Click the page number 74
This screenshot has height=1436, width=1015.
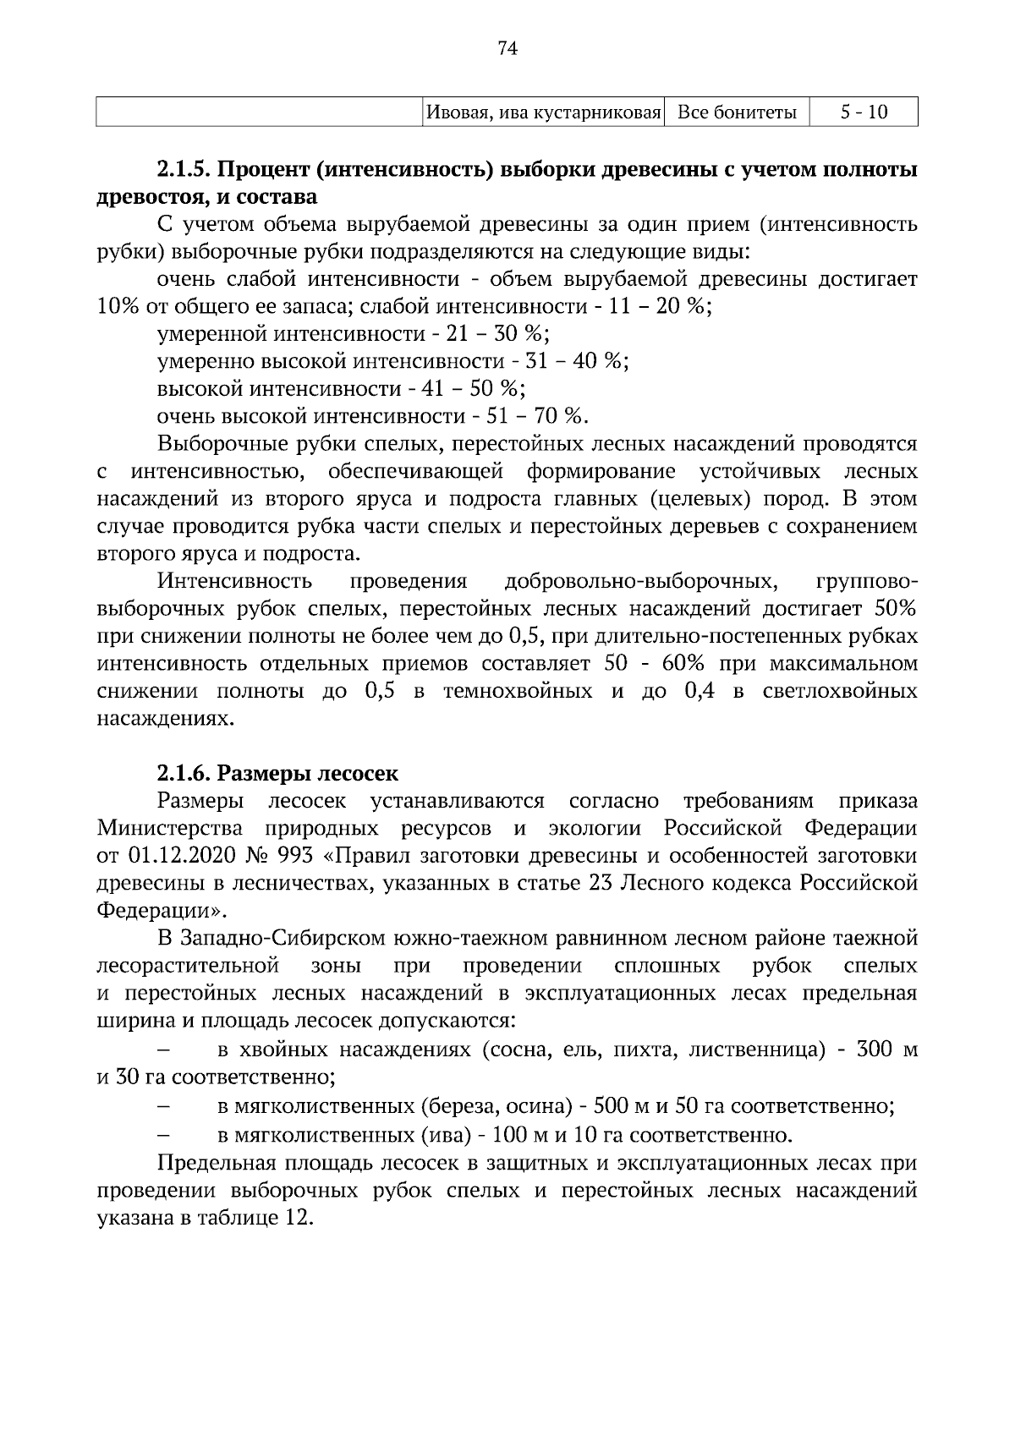[507, 48]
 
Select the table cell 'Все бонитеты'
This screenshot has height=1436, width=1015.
[737, 112]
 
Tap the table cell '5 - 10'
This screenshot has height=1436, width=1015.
[864, 112]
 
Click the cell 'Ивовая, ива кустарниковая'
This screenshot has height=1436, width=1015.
[543, 112]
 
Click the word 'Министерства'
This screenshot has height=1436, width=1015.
[170, 829]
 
